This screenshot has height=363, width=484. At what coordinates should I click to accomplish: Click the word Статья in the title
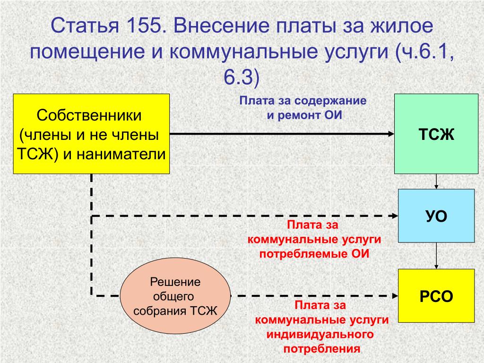click(x=85, y=26)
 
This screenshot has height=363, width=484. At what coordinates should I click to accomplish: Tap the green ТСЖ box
click(x=436, y=134)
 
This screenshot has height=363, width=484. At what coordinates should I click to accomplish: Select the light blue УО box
click(x=436, y=216)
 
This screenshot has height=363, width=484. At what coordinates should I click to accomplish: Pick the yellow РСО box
click(x=436, y=296)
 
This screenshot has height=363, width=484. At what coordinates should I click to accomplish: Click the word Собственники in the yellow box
click(x=89, y=115)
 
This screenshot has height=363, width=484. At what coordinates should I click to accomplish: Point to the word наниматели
click(x=121, y=154)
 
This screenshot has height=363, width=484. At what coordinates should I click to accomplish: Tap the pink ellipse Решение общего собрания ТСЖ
click(x=175, y=296)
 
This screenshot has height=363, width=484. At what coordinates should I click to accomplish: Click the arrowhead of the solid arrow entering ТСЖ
click(x=391, y=134)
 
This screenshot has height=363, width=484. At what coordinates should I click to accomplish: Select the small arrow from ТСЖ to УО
click(x=436, y=181)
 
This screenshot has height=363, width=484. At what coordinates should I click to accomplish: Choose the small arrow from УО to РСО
click(x=436, y=256)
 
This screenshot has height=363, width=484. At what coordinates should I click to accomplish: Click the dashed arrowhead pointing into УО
click(x=395, y=216)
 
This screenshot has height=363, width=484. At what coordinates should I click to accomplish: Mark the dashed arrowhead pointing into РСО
click(x=395, y=296)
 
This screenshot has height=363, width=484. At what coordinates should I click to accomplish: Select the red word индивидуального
click(x=320, y=334)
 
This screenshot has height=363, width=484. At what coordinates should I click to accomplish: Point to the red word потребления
click(x=322, y=349)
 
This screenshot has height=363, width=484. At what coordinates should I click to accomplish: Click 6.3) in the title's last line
click(x=242, y=77)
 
